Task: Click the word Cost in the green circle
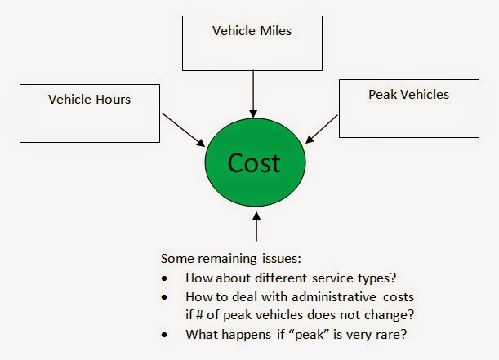253,162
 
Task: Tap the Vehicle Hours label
89,100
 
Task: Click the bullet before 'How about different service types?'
167,278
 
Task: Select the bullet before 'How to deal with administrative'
167,298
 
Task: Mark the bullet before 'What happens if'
167,335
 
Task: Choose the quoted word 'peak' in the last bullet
288,335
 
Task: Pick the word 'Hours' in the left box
113,100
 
